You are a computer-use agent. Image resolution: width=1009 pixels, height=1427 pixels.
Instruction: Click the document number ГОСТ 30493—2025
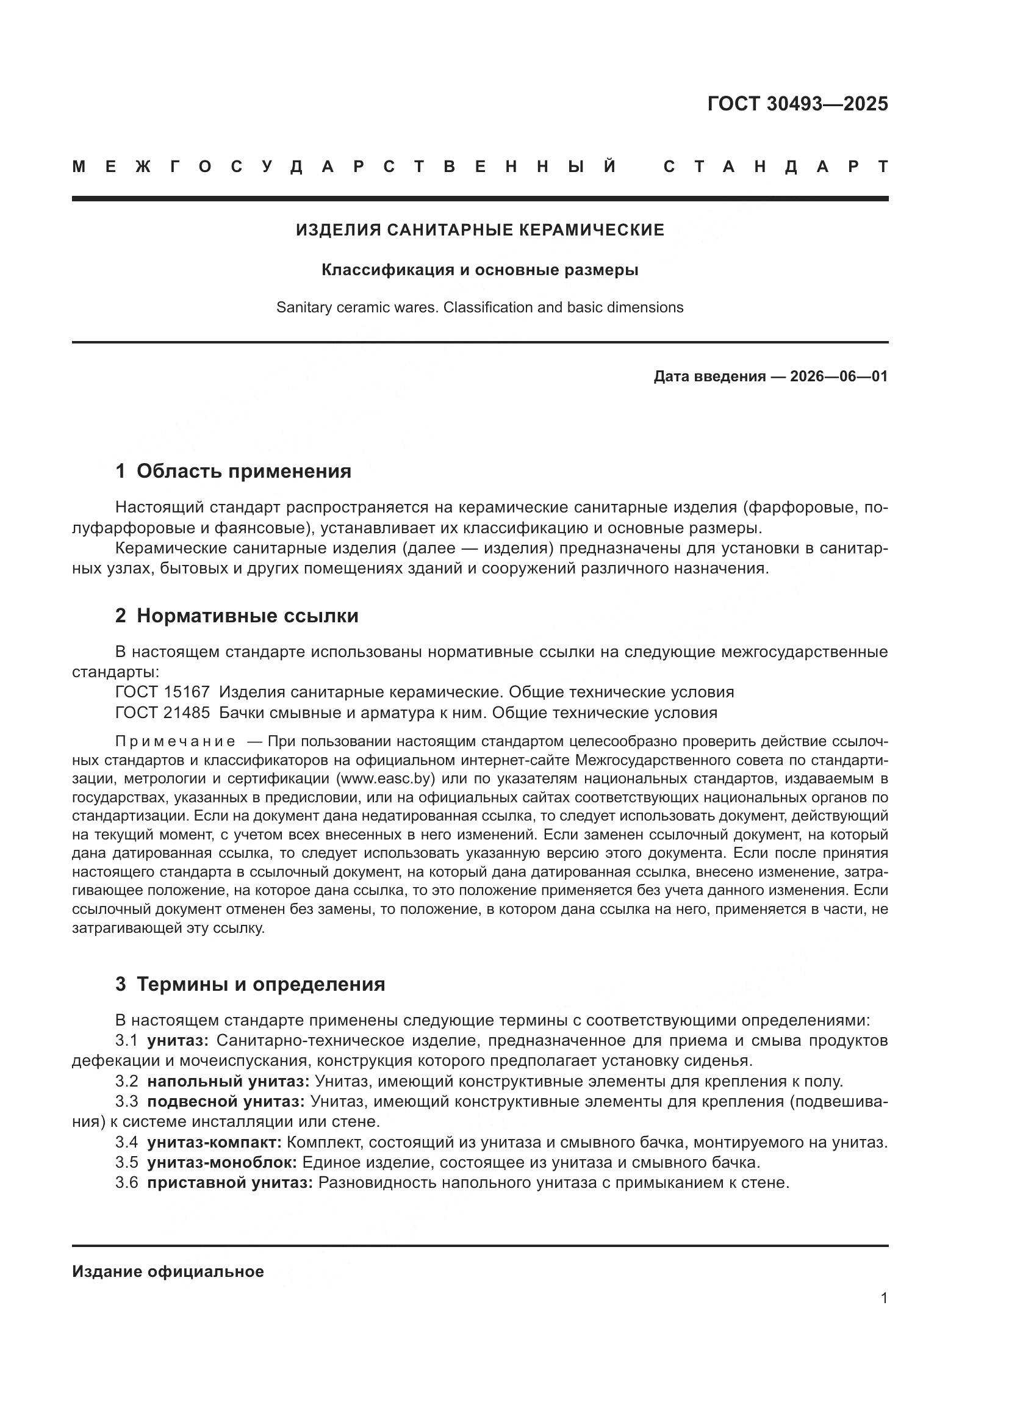pyautogui.click(x=797, y=104)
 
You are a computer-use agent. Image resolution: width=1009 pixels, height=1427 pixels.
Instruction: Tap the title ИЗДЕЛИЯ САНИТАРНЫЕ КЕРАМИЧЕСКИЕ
pyautogui.click(x=479, y=231)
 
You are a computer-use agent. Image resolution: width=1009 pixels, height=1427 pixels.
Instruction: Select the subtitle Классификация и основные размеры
pyautogui.click(x=479, y=270)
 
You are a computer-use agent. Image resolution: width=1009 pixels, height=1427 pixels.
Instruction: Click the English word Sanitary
pyautogui.click(x=301, y=307)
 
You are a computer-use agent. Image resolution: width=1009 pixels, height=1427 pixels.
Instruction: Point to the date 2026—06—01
pyautogui.click(x=839, y=376)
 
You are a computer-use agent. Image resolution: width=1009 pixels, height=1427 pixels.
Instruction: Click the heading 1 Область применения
pyautogui.click(x=233, y=471)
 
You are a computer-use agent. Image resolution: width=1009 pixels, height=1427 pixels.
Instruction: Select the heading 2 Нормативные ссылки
pyautogui.click(x=237, y=616)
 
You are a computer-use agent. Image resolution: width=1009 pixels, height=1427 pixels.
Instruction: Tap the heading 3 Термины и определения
pyautogui.click(x=250, y=985)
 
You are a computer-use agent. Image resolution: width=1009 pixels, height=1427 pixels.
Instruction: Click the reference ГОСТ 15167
pyautogui.click(x=163, y=692)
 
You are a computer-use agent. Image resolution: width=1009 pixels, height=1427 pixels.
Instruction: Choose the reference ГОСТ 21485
pyautogui.click(x=163, y=713)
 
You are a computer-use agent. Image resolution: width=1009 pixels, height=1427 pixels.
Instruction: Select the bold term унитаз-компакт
pyautogui.click(x=214, y=1142)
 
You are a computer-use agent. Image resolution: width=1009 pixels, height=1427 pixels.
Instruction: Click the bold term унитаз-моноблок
pyautogui.click(x=221, y=1162)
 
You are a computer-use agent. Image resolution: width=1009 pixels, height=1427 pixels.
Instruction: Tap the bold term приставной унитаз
pyautogui.click(x=230, y=1183)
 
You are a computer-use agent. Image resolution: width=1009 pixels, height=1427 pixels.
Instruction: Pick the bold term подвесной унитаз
pyautogui.click(x=226, y=1102)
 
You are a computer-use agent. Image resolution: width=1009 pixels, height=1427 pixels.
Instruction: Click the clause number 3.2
pyautogui.click(x=127, y=1082)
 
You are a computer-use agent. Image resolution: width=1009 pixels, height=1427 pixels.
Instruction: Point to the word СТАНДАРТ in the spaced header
pyautogui.click(x=776, y=167)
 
